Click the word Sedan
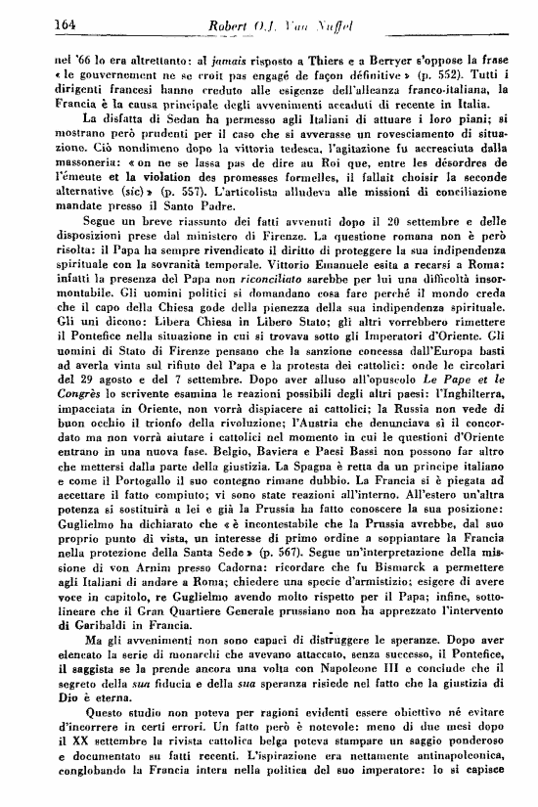125,129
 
